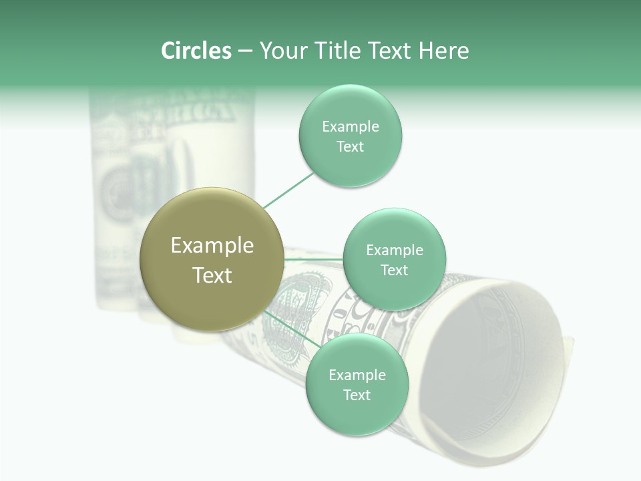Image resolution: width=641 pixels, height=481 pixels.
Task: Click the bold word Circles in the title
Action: click(x=196, y=51)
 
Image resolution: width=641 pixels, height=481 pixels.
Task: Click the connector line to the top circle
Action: click(x=288, y=190)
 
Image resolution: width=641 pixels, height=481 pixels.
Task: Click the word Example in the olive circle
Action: click(x=212, y=246)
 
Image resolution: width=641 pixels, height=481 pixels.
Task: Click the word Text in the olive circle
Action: click(x=212, y=275)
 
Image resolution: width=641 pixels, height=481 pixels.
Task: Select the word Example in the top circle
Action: click(x=351, y=127)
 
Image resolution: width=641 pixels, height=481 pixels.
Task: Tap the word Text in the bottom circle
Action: click(x=357, y=395)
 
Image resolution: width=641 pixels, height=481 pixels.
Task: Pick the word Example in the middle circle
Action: click(x=395, y=251)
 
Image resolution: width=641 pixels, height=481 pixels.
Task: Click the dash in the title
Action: click(x=245, y=51)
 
